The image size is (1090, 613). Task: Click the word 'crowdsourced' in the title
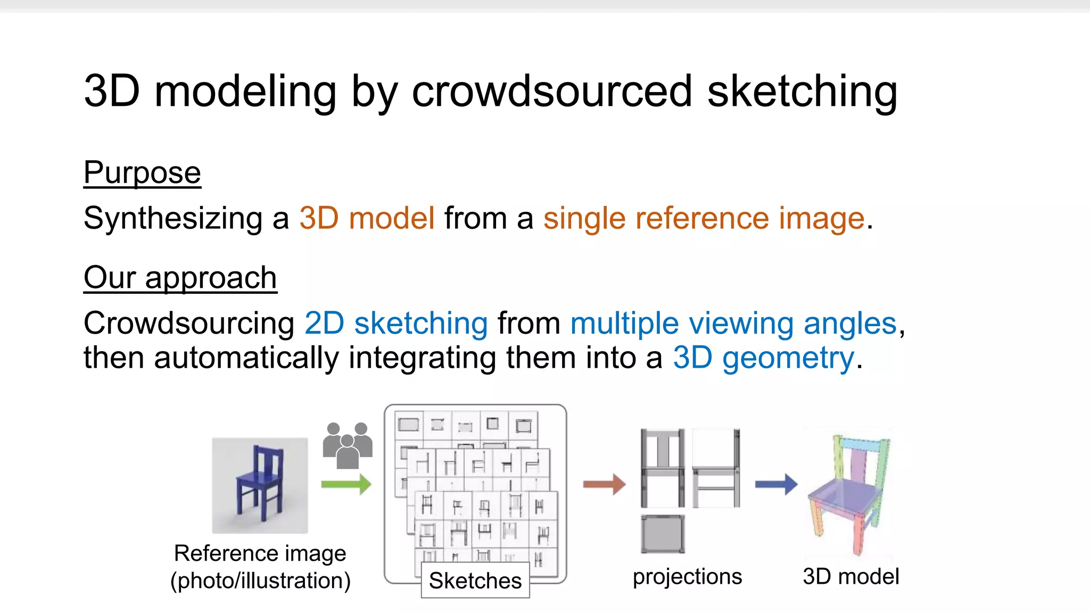tap(552, 92)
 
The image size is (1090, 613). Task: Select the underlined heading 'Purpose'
tap(142, 172)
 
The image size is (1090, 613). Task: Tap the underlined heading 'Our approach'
tap(180, 278)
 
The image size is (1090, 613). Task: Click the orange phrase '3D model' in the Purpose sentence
tap(367, 218)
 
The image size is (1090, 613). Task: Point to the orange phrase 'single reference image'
tap(704, 218)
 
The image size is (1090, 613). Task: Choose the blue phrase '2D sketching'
tap(396, 324)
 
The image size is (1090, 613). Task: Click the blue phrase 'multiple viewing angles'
tap(733, 324)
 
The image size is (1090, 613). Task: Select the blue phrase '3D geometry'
tap(763, 358)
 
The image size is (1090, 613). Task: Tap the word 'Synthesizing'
tap(173, 218)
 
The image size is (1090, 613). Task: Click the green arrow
tap(346, 484)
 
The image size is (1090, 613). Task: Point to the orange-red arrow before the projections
tap(604, 484)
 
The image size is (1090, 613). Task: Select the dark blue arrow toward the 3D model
tap(776, 484)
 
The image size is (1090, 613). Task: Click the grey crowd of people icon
tap(347, 445)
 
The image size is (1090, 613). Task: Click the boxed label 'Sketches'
tap(475, 580)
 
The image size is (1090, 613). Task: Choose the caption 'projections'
tap(687, 576)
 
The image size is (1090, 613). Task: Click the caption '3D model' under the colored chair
tap(850, 576)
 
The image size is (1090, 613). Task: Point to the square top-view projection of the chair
tap(663, 534)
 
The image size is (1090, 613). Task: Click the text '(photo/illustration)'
tap(260, 581)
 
